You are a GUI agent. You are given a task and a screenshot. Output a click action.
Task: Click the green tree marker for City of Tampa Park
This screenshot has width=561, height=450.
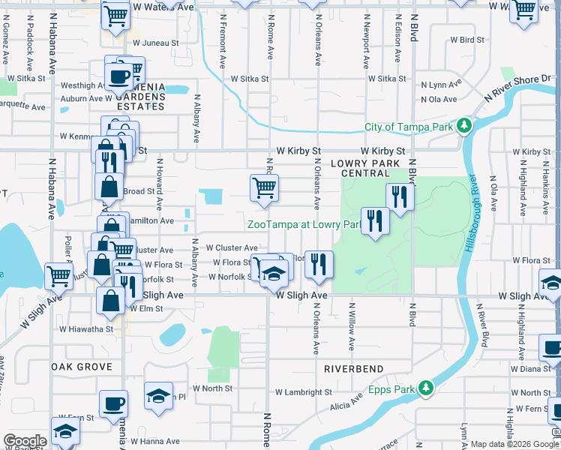(x=464, y=126)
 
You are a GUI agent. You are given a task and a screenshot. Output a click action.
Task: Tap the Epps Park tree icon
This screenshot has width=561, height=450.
(x=426, y=388)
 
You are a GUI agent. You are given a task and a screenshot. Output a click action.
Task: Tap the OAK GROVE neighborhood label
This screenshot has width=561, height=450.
(x=82, y=367)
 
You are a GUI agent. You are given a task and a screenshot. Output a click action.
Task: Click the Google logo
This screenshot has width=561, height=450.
(x=24, y=440)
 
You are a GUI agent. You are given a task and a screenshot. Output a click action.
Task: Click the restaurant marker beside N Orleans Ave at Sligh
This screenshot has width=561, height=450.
(x=319, y=265)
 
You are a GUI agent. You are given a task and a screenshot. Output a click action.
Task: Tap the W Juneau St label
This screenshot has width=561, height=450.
(x=155, y=43)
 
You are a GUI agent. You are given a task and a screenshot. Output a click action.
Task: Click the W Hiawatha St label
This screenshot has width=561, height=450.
(x=87, y=328)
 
